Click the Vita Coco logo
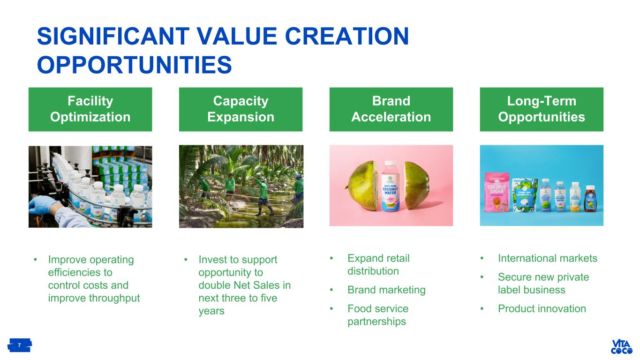(x=621, y=346)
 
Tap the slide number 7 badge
(x=19, y=345)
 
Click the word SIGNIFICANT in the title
(x=113, y=36)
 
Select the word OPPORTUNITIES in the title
(x=134, y=65)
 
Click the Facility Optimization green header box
(x=90, y=109)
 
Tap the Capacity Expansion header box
(x=241, y=109)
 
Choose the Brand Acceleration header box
(x=391, y=109)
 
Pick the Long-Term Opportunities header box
(x=542, y=109)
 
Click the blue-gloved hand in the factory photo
(x=43, y=204)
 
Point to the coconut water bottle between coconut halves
(x=391, y=186)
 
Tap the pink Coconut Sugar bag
(x=497, y=192)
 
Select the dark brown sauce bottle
(x=590, y=199)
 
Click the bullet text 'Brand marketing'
(x=386, y=290)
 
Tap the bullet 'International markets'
(x=548, y=258)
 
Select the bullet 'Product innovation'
(x=542, y=308)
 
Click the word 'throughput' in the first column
(x=114, y=298)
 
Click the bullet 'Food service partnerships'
(x=378, y=315)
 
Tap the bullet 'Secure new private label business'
(x=543, y=284)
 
